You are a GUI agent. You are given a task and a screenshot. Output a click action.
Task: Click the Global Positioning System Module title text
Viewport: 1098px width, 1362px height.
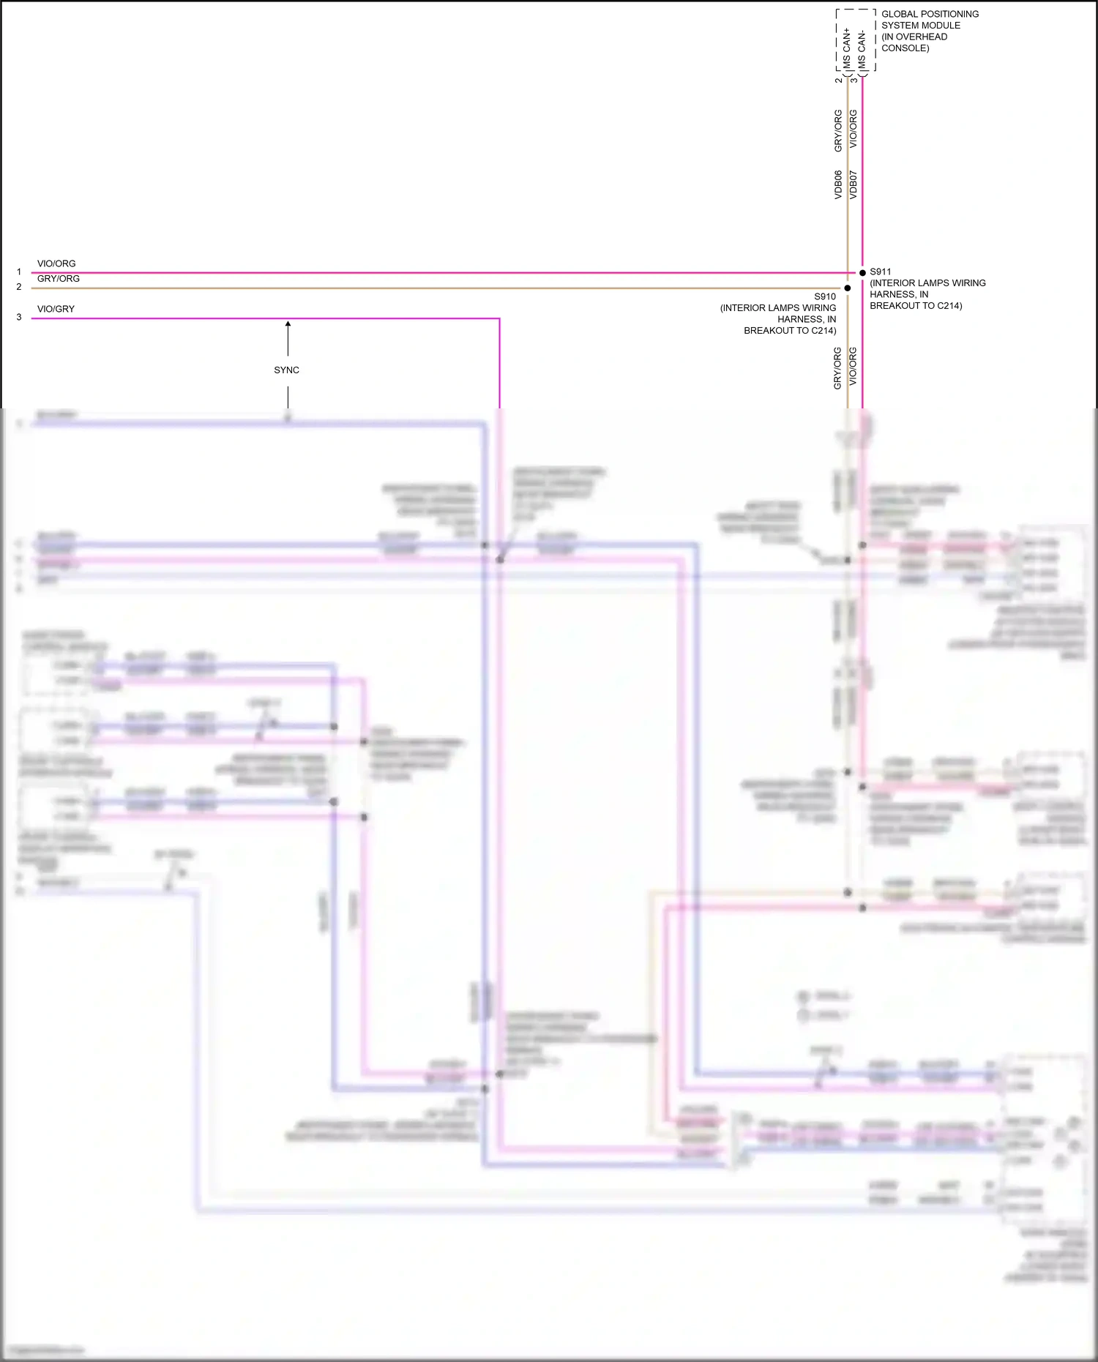point(929,31)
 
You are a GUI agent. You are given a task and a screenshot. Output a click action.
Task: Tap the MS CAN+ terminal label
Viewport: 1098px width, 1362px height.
point(847,48)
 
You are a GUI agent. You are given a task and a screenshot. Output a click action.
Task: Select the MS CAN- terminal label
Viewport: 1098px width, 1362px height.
point(862,50)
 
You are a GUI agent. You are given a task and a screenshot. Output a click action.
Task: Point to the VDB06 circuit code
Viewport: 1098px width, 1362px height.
point(838,185)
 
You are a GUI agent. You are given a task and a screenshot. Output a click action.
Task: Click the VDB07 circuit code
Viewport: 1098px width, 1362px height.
point(853,185)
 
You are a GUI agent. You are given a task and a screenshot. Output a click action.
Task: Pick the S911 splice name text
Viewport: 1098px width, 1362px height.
point(880,272)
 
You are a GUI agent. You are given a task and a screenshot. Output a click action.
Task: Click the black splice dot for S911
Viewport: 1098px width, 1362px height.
point(862,273)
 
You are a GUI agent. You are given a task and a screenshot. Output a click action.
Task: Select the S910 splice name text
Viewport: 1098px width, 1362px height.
point(825,296)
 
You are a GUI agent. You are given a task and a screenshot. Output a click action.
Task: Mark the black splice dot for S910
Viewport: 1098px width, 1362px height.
point(848,288)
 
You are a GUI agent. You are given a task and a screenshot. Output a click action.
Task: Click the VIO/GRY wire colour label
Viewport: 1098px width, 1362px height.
point(56,309)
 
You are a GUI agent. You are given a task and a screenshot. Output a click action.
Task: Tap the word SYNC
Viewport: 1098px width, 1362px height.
point(287,370)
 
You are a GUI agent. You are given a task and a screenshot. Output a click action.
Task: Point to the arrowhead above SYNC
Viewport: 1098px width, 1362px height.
point(288,323)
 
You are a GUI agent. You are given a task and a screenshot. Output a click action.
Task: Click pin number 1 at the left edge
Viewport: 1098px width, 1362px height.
point(19,272)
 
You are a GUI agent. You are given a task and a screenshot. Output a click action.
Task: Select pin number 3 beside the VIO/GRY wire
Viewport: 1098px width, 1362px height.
point(19,318)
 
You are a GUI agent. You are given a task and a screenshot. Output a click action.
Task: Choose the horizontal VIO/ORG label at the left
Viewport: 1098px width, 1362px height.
point(56,263)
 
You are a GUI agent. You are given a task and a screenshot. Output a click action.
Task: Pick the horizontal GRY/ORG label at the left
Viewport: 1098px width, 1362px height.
point(59,279)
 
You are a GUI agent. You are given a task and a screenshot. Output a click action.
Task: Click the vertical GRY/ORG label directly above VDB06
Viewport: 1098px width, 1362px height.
point(838,131)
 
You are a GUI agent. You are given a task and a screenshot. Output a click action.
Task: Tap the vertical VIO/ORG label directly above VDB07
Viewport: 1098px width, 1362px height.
point(853,130)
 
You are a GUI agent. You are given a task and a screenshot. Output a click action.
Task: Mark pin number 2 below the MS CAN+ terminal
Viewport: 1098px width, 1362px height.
point(839,80)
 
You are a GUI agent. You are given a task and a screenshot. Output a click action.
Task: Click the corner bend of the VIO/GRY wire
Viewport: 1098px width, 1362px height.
point(499,319)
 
